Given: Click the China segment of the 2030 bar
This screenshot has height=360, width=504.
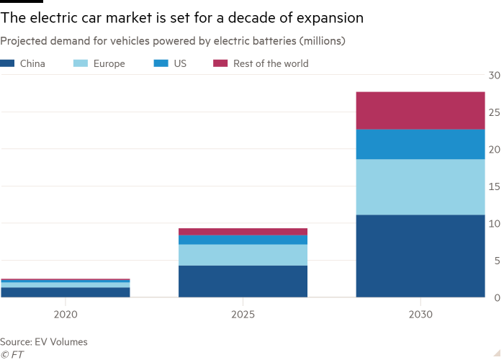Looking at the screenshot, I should click(x=420, y=256).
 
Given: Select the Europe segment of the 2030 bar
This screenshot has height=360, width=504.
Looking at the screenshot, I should click(x=420, y=187).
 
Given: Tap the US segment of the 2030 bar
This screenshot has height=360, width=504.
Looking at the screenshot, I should click(x=420, y=144).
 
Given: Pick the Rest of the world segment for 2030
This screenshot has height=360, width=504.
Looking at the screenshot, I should click(x=420, y=110).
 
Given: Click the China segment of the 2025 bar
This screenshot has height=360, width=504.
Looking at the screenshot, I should click(x=243, y=281).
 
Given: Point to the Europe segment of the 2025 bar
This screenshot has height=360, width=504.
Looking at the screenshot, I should click(x=243, y=255).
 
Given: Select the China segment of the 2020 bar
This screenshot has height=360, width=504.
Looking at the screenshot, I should click(x=66, y=292).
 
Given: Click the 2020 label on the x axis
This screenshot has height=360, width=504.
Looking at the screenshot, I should click(x=66, y=315).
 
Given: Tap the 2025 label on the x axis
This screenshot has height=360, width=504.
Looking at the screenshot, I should click(x=243, y=315).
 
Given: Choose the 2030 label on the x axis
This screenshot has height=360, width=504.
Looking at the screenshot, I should click(x=420, y=315).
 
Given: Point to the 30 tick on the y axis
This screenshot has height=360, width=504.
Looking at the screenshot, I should click(x=493, y=75).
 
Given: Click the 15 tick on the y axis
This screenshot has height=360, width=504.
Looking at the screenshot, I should click(x=493, y=186).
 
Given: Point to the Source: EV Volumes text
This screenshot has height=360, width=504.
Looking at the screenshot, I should click(x=44, y=342).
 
